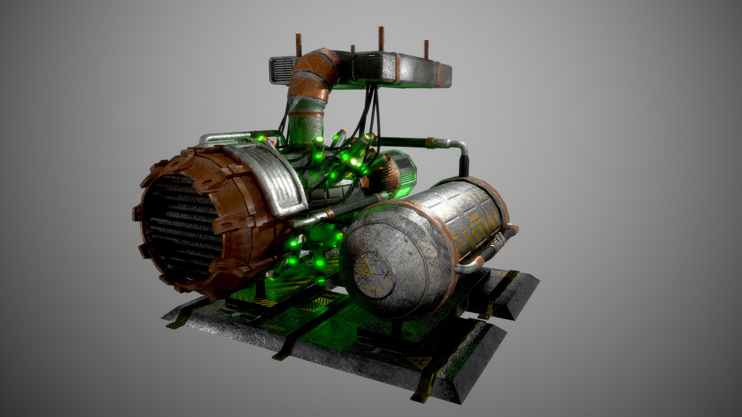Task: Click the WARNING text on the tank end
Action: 372,289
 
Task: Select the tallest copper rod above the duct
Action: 381,39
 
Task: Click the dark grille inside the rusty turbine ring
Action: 182,228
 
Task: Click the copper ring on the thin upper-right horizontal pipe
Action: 430,143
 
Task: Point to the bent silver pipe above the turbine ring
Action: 220,137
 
